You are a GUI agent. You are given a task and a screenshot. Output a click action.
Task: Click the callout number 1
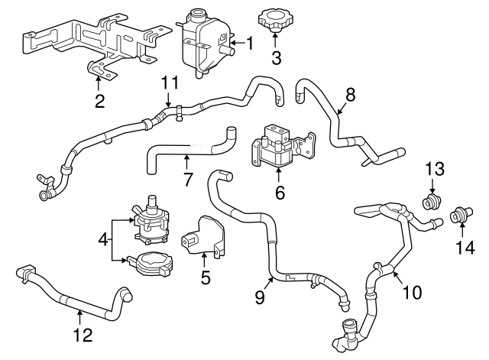(248, 43)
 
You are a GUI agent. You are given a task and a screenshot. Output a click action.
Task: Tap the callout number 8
(350, 95)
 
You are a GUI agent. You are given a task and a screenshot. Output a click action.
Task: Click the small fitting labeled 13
(433, 203)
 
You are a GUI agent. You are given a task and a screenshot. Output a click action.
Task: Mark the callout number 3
(277, 57)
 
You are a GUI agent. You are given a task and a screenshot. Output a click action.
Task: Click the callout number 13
(433, 168)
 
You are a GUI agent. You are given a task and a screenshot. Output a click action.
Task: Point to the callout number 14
(465, 247)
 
